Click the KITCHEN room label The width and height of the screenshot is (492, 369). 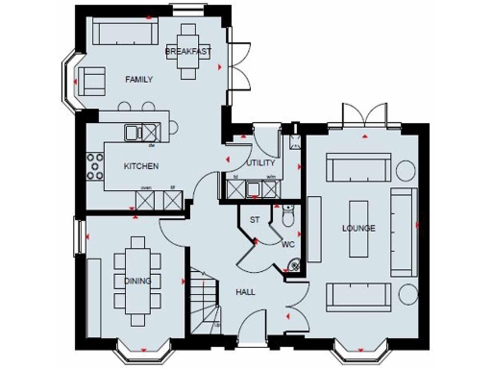139,166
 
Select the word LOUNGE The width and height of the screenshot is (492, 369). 357,228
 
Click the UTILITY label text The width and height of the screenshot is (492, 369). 260,162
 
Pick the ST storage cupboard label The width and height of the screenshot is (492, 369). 254,220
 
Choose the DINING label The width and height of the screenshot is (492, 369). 136,281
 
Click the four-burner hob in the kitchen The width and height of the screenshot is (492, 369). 96,166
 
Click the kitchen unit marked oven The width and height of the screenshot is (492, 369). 148,199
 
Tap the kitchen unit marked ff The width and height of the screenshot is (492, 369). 172,199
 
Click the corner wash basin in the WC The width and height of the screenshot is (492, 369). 293,267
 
